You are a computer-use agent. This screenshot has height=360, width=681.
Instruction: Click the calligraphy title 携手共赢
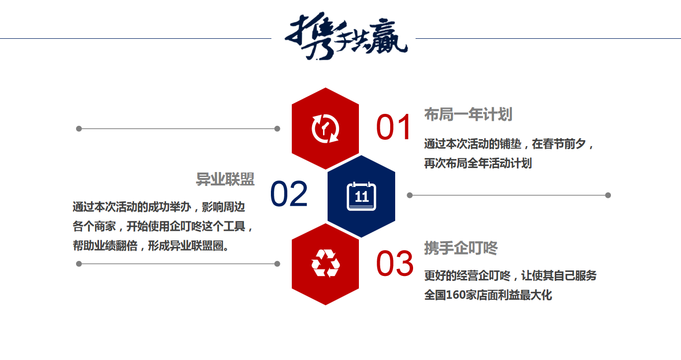click(x=346, y=36)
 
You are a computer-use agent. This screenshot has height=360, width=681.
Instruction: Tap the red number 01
click(x=394, y=127)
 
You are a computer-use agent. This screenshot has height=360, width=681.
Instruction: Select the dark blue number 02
click(x=289, y=194)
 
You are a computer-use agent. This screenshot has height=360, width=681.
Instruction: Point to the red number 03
click(x=395, y=264)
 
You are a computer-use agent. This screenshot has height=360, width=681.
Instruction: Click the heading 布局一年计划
click(x=468, y=114)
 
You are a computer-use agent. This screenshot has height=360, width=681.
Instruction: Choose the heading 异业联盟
click(x=225, y=179)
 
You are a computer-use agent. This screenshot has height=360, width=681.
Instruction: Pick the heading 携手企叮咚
click(x=461, y=248)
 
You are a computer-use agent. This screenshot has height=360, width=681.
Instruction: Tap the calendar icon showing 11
click(x=361, y=196)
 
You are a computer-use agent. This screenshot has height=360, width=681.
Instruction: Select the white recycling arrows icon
click(x=325, y=264)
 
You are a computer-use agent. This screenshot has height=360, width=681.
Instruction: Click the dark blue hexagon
click(x=361, y=196)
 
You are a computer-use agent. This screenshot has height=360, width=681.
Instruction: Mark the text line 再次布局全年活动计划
click(x=478, y=164)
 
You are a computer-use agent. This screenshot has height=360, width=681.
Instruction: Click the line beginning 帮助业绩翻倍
click(x=151, y=246)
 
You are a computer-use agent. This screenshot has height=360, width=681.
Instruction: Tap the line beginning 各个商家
click(x=163, y=227)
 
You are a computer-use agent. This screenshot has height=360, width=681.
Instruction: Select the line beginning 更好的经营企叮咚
click(x=511, y=276)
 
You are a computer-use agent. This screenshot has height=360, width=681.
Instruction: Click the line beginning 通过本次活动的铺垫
click(x=509, y=144)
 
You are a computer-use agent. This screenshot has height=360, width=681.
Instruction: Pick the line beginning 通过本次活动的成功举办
click(x=159, y=207)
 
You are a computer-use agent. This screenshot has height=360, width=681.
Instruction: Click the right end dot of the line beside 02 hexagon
click(x=608, y=195)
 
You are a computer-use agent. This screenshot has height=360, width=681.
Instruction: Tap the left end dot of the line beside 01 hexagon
click(x=79, y=129)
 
